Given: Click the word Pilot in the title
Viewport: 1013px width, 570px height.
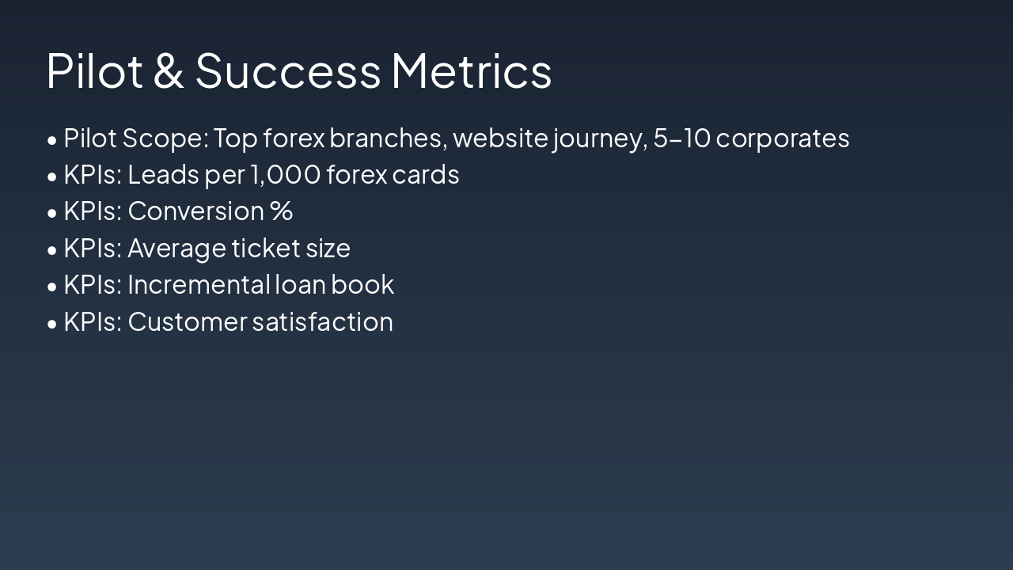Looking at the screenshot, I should coord(94,70).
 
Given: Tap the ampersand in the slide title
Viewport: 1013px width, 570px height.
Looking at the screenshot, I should coord(169,70).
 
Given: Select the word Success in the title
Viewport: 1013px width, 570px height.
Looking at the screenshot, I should coord(288,70).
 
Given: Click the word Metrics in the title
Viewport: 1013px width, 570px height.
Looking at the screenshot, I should coord(471,70).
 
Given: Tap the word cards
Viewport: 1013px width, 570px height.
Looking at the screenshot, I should coord(425,175).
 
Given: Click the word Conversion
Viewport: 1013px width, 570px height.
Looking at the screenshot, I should coord(195,211).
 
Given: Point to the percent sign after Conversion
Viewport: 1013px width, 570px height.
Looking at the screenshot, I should coord(281,211).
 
